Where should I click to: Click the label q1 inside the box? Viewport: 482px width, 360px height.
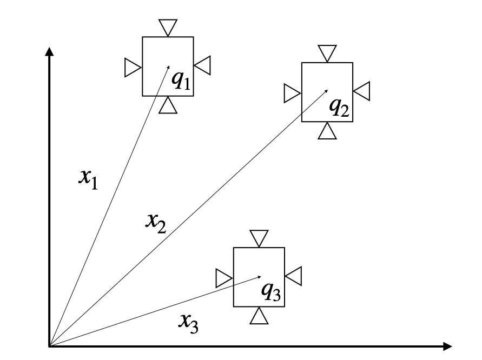(181, 80)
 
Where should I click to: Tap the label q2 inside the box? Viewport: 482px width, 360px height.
(340, 108)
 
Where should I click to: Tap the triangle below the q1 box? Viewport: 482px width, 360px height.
(168, 106)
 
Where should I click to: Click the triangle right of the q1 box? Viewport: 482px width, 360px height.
(203, 66)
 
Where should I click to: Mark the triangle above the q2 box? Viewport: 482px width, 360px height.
(327, 53)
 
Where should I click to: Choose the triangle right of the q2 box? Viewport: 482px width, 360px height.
(362, 91)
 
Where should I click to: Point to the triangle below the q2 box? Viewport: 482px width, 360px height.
(327, 132)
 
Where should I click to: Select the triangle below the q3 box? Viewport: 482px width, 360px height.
(259, 316)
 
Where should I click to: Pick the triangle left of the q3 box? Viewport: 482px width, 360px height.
(223, 278)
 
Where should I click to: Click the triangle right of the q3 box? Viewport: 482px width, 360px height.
(294, 276)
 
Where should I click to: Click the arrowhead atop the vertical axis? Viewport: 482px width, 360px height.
(50, 51)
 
